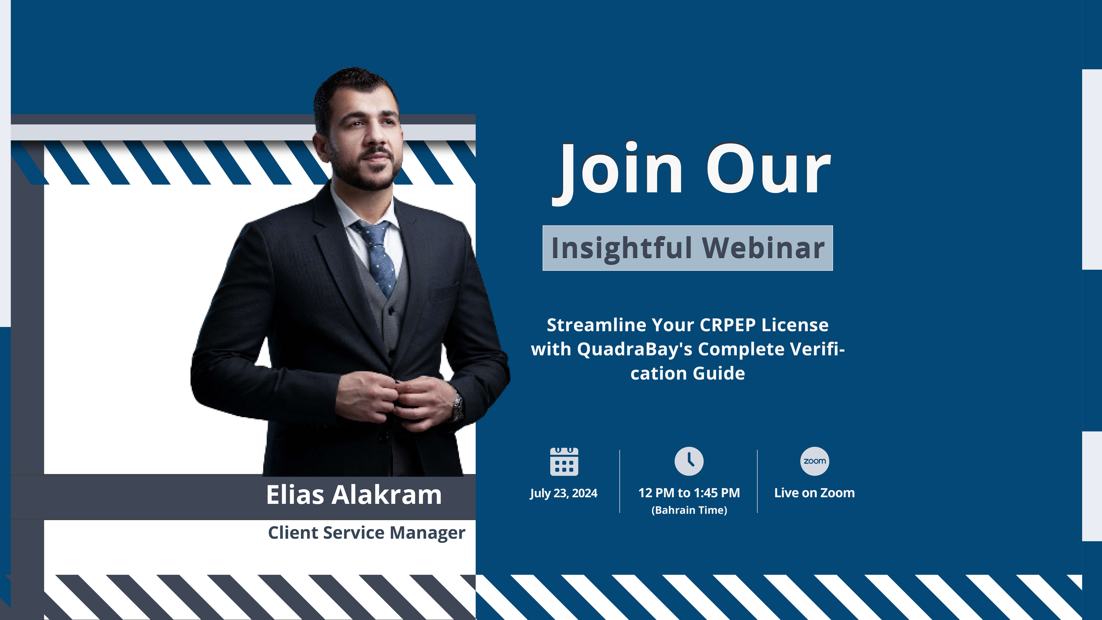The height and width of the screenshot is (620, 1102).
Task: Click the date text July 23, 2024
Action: [x=563, y=493]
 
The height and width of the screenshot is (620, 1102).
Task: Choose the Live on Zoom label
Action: [x=815, y=493]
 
